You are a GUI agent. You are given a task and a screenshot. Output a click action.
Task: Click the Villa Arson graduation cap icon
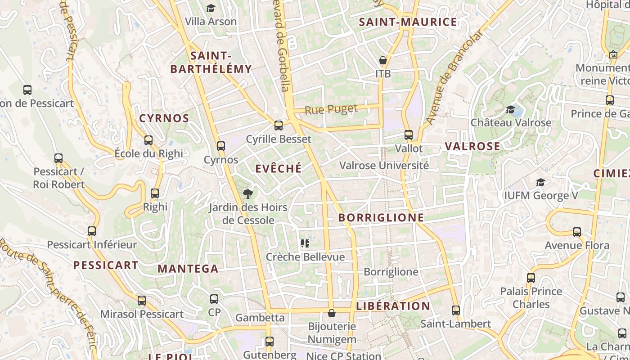click(x=211, y=8)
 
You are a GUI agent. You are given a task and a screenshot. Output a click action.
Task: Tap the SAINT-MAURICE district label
click(x=408, y=22)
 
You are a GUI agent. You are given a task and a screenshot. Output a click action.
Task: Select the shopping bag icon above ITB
click(x=383, y=60)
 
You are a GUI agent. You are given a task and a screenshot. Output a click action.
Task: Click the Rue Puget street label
click(x=331, y=109)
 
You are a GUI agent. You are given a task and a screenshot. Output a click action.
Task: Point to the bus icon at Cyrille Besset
click(x=279, y=126)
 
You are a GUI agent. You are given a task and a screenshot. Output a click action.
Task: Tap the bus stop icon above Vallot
click(x=409, y=135)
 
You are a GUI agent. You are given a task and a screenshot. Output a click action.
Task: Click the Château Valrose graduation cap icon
click(x=510, y=109)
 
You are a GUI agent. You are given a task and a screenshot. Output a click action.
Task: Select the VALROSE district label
click(x=472, y=146)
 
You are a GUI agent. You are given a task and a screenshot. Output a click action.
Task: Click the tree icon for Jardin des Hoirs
click(x=247, y=194)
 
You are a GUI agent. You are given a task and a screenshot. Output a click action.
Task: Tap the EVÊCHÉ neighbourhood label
click(x=279, y=169)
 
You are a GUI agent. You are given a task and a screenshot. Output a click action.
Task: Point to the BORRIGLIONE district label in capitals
click(x=381, y=218)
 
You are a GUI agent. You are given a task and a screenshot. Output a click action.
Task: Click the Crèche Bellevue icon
click(x=305, y=243)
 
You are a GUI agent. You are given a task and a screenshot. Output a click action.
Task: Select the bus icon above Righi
click(x=155, y=193)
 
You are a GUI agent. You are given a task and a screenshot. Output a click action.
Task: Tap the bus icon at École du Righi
click(x=148, y=140)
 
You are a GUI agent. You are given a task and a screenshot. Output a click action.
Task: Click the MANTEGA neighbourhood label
click(x=188, y=269)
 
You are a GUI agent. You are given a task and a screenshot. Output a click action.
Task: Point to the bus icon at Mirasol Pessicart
click(x=142, y=301)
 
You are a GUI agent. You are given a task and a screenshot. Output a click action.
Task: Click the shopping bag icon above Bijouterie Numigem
click(x=332, y=313)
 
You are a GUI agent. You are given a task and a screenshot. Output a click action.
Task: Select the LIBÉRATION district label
click(x=393, y=306)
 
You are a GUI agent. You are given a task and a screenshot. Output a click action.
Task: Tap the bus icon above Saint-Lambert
click(x=456, y=310)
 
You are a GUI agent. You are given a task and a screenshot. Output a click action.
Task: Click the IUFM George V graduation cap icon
click(x=540, y=182)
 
